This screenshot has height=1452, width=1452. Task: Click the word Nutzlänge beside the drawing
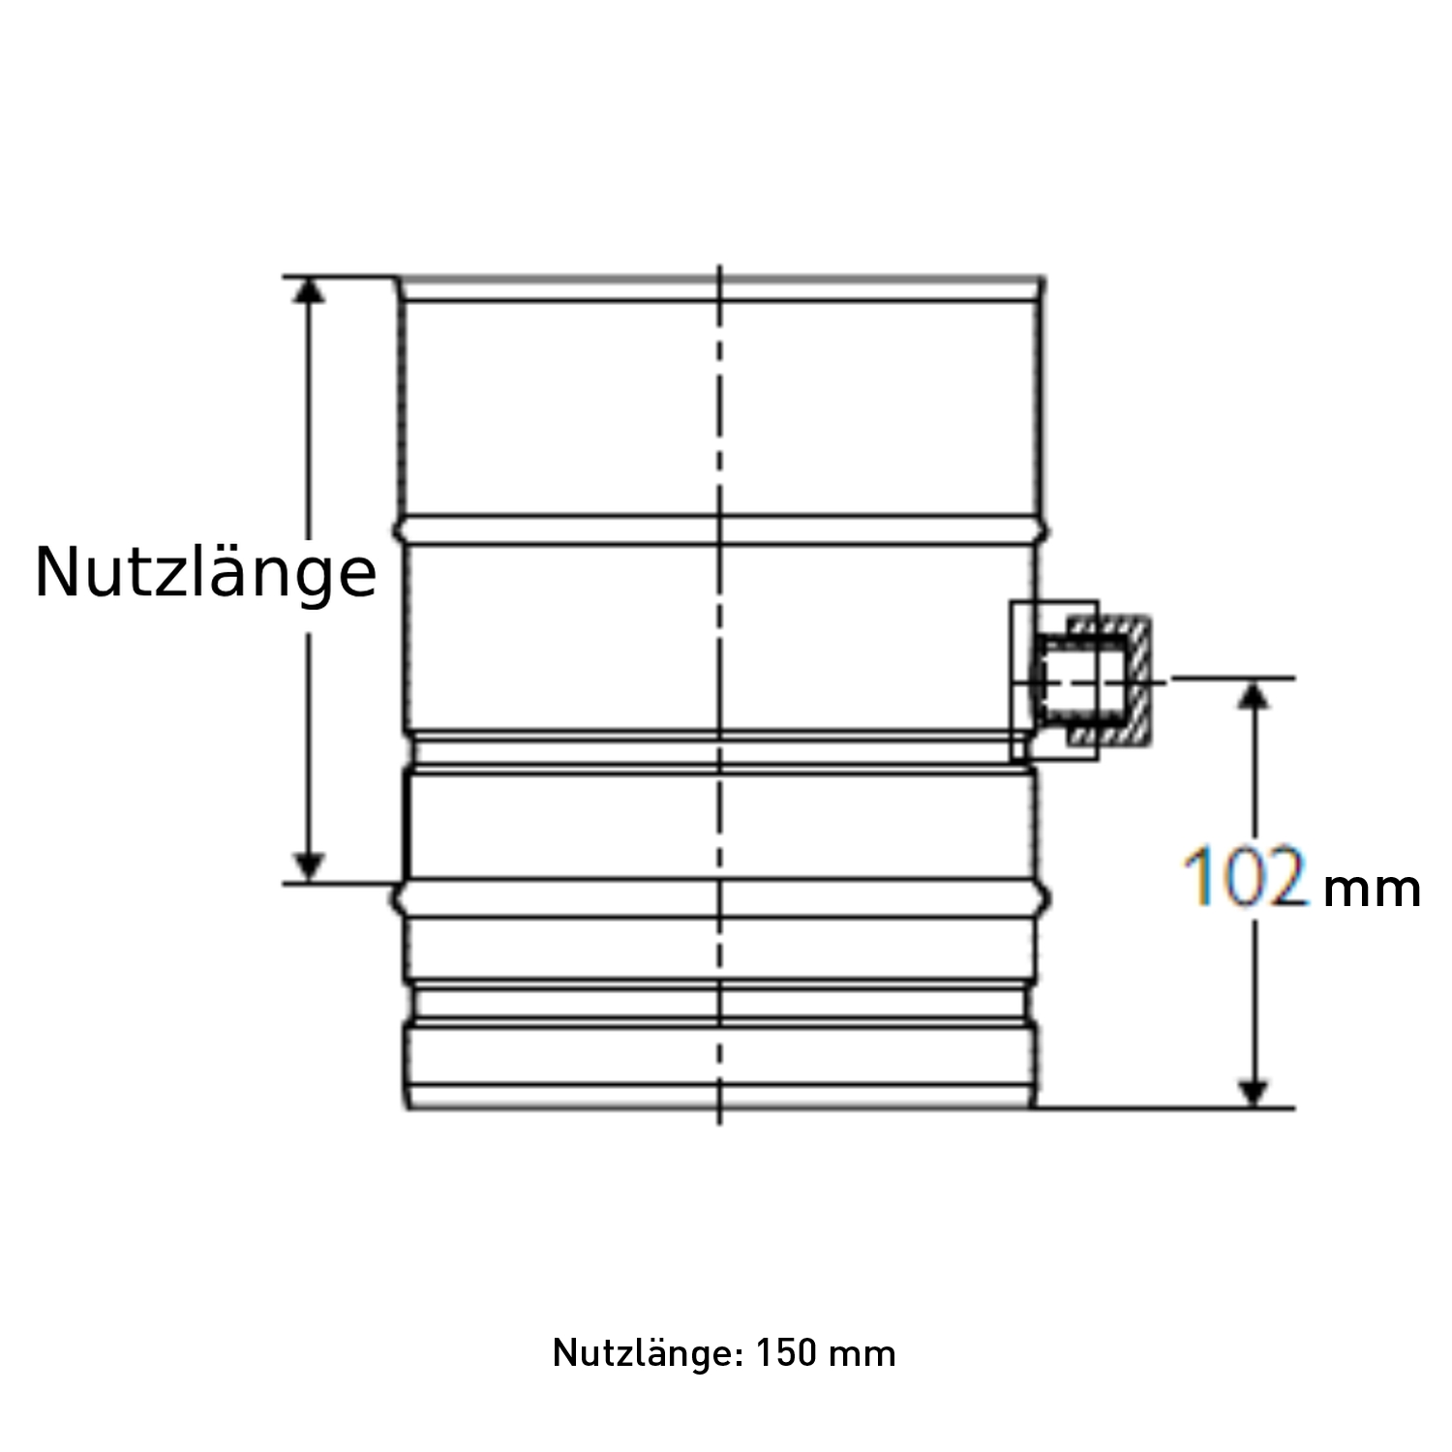click(x=205, y=573)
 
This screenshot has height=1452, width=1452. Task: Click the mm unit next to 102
click(x=1371, y=890)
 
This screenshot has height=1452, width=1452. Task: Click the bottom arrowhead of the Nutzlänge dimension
click(x=309, y=867)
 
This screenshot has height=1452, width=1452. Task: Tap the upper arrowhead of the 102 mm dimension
click(x=1255, y=694)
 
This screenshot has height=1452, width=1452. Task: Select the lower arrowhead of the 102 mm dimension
click(x=1255, y=1092)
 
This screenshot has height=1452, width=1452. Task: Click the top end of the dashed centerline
click(x=719, y=270)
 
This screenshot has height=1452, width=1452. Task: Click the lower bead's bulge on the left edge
click(x=398, y=899)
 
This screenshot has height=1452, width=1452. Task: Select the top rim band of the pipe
click(x=721, y=289)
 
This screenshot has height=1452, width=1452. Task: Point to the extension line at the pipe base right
click(x=1162, y=1107)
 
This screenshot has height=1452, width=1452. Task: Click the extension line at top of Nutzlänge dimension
click(x=339, y=277)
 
